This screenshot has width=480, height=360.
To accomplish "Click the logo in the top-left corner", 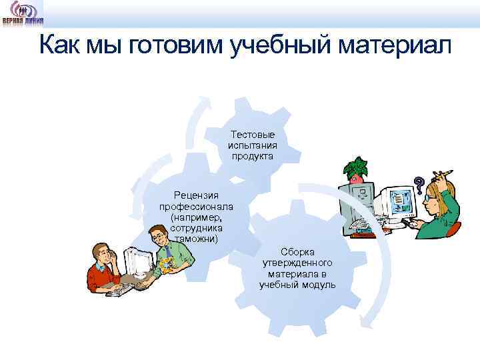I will tap(23, 13).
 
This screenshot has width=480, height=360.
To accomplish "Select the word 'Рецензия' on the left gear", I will tap(195, 195).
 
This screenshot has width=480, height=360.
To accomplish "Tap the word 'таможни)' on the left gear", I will tap(195, 238).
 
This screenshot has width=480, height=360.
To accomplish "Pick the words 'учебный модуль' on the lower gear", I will tap(297, 285).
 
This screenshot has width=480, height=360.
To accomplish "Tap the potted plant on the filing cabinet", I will tap(359, 169).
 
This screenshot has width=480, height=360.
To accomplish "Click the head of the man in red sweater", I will tap(105, 255).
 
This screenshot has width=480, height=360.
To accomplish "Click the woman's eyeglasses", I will tap(429, 198).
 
